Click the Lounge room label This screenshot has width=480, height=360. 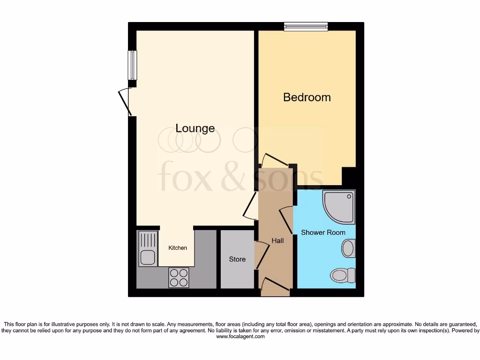pyautogui.click(x=195, y=128)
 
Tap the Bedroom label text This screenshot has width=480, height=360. pyautogui.click(x=307, y=97)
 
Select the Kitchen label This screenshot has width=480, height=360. pyautogui.click(x=178, y=248)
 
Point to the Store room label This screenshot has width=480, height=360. pyautogui.click(x=237, y=259)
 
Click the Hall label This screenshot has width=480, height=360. pyautogui.click(x=277, y=241)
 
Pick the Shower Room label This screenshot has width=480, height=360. pyautogui.click(x=323, y=232)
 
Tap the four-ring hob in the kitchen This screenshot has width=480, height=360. pyautogui.click(x=178, y=277)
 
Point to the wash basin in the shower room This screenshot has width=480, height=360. pyautogui.click(x=348, y=248)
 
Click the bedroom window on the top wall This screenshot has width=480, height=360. pyautogui.click(x=306, y=26)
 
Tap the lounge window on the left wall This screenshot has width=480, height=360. pyautogui.click(x=132, y=65)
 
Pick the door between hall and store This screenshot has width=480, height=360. pyautogui.click(x=261, y=255)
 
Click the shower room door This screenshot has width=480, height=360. pyautogui.click(x=286, y=220)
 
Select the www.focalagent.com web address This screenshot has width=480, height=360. pyautogui.click(x=240, y=337)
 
